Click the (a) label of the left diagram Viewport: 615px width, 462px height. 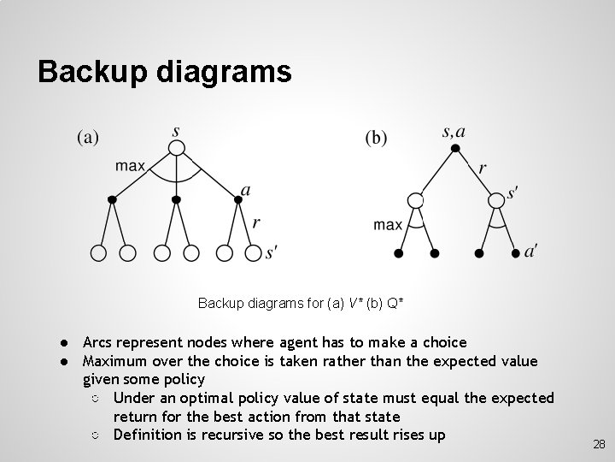88,136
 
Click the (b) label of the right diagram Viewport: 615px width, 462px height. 376,138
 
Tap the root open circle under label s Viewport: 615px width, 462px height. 176,148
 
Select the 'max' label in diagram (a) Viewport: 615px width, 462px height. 131,166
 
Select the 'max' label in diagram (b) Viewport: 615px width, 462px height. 388,225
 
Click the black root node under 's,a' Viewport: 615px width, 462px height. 455,149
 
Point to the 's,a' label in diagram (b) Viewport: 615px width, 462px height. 454,131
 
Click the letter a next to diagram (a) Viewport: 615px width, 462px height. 246,190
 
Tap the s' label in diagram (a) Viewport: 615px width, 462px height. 272,252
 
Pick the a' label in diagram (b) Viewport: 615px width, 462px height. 530,251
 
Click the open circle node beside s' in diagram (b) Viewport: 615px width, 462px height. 496,200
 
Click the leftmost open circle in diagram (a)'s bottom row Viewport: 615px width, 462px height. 99,252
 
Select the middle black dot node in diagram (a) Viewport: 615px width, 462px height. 176,199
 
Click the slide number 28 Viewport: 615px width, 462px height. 599,445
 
